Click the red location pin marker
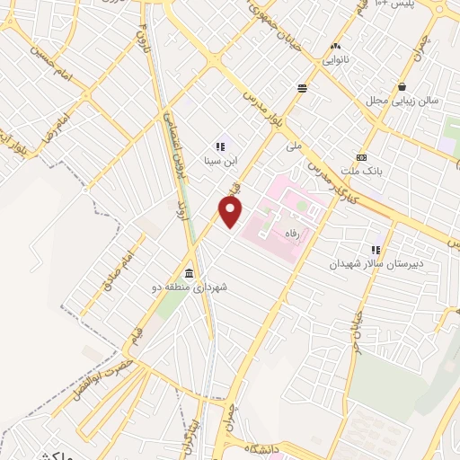(231, 211)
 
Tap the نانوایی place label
(336, 62)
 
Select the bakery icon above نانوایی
(336, 46)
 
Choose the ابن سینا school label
(219, 162)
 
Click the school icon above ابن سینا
(219, 146)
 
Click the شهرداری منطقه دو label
(190, 288)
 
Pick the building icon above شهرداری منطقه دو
(190, 273)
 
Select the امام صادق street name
(122, 261)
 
